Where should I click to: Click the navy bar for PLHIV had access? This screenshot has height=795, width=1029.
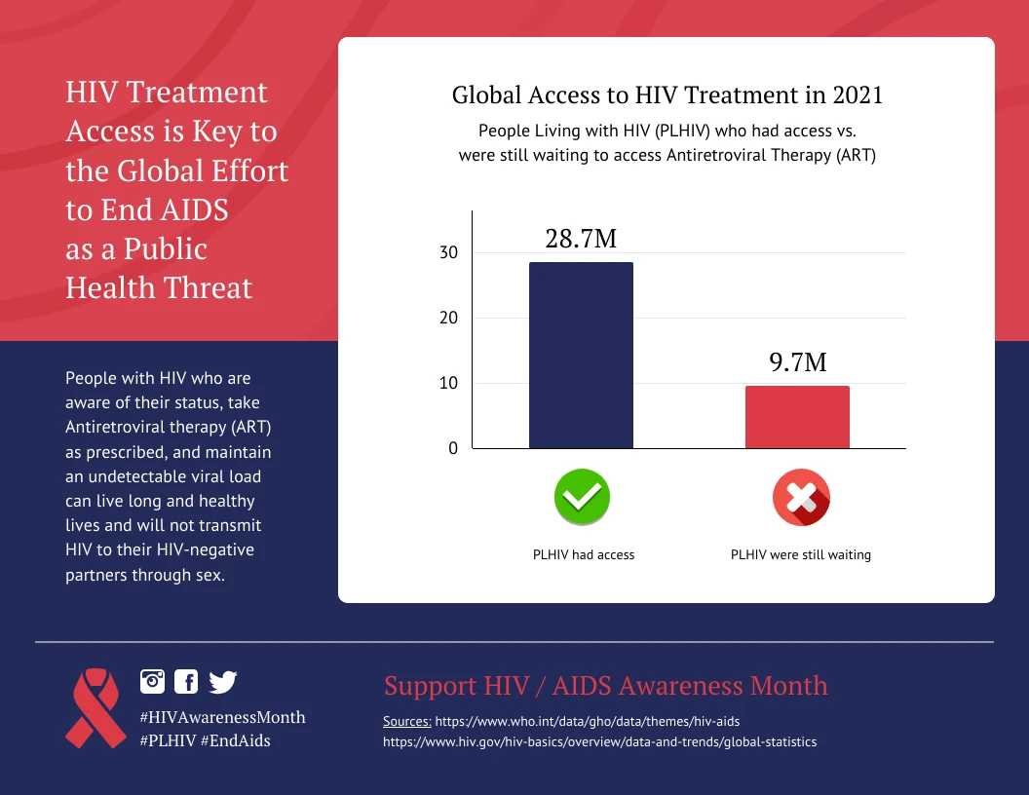581,356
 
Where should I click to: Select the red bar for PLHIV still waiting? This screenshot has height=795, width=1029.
797,417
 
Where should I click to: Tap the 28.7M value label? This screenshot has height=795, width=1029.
581,239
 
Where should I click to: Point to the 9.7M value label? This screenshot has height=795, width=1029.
797,362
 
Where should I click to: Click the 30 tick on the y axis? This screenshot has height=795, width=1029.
448,252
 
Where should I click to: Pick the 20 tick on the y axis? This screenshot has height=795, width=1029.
448,318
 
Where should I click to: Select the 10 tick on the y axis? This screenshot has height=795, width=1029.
448,383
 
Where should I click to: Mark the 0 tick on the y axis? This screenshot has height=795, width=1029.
452,448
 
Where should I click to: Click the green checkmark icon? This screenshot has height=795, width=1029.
582,497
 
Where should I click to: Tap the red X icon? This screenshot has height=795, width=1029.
800,497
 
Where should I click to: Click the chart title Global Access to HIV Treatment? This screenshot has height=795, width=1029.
667,95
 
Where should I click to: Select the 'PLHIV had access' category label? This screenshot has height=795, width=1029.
583,554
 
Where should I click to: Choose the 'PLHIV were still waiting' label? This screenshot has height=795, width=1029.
800,554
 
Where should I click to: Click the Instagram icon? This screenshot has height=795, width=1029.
153,681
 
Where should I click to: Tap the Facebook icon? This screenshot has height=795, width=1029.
185,681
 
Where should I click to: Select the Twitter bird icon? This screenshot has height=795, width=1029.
222,681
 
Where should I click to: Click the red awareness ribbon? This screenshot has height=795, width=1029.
94,707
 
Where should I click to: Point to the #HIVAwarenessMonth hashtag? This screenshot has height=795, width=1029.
222,717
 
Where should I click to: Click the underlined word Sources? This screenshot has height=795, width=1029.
407,721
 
